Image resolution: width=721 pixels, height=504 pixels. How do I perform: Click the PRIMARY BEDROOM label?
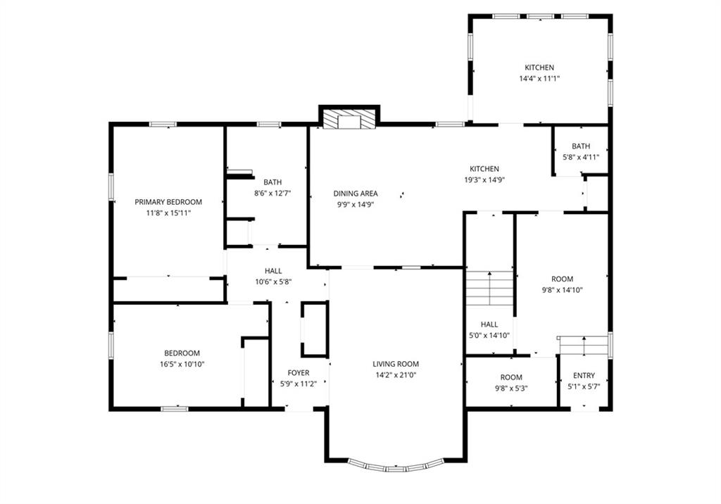(168, 202)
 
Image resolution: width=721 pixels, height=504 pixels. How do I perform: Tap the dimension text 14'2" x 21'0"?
(396, 374)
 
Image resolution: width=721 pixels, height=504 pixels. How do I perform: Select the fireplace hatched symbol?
(349, 119)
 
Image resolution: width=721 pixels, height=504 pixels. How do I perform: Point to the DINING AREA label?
(356, 194)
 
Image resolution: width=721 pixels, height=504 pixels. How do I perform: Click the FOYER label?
(299, 373)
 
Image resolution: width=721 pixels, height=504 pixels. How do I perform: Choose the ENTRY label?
(584, 375)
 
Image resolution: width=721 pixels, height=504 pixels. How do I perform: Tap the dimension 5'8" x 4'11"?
(581, 157)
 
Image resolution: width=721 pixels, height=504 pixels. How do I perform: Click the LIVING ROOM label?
(396, 364)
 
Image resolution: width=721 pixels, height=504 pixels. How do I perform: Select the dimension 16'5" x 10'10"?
(182, 364)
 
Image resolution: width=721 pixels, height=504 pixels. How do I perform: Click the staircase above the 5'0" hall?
(490, 289)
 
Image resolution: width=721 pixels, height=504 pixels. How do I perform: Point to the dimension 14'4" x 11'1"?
(539, 79)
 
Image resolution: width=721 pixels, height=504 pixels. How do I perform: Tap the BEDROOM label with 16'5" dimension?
(182, 353)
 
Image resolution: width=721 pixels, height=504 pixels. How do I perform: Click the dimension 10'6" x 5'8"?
(273, 282)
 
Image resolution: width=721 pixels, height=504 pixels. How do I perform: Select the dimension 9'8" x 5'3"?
(511, 388)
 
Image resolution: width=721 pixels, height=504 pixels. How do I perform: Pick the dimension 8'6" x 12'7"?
(272, 193)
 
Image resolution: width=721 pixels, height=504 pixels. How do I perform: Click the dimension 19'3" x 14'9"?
(484, 179)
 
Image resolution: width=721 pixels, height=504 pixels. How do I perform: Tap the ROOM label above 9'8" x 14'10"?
(563, 279)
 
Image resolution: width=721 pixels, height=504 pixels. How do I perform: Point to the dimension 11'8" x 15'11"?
(168, 213)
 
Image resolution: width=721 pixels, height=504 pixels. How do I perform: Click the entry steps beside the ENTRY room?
(584, 346)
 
